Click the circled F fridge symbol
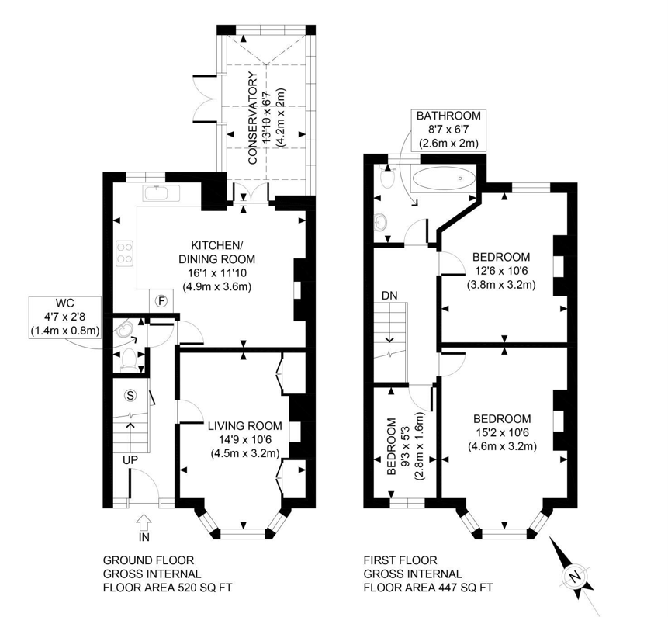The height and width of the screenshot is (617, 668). (x=161, y=301)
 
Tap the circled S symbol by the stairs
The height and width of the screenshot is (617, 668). (x=130, y=396)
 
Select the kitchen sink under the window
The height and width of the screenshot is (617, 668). (x=162, y=193)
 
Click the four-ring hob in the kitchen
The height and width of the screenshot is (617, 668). (x=125, y=254)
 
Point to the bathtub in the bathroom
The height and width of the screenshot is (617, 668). (x=444, y=179)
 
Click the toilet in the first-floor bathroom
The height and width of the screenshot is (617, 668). (x=388, y=178)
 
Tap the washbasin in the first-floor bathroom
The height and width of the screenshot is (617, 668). (x=380, y=221)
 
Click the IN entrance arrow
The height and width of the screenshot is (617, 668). (x=144, y=522)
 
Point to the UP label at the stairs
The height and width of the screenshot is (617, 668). (x=130, y=461)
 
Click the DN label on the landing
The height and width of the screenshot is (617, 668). (x=389, y=295)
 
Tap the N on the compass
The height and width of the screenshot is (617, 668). (x=575, y=577)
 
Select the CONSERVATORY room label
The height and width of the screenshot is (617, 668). (x=253, y=119)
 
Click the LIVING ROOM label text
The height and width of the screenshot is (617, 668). (x=245, y=425)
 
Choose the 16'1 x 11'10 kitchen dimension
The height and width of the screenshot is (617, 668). (x=216, y=272)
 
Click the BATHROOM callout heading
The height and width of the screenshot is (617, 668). (x=448, y=116)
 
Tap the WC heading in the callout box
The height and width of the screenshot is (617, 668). (x=64, y=303)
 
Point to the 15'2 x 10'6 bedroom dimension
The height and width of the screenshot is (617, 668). (x=502, y=432)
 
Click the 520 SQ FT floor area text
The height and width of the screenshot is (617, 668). (x=205, y=588)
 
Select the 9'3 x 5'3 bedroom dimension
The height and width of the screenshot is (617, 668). (x=405, y=446)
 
